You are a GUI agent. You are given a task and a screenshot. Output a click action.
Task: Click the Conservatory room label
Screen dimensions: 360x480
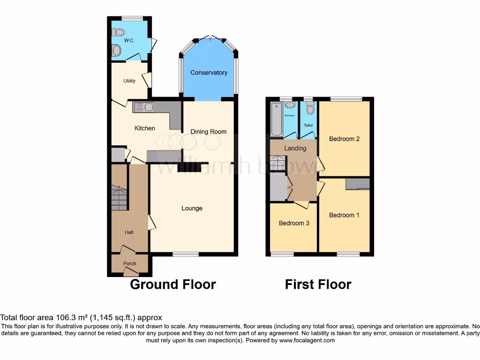pyautogui.click(x=209, y=73)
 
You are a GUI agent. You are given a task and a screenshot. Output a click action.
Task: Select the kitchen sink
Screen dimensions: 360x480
pyautogui.click(x=143, y=107)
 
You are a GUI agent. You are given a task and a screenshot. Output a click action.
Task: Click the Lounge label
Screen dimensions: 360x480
pyautogui.click(x=192, y=208)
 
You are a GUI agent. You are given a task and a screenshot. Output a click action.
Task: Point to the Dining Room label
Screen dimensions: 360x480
pyautogui.click(x=209, y=132)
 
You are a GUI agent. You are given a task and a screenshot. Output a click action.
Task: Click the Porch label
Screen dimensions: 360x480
pyautogui.click(x=130, y=263)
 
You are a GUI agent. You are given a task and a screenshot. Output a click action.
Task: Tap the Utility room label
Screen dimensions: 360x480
pyautogui.click(x=129, y=81)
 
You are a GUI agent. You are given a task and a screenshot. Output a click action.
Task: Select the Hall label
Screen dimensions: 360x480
pyautogui.click(x=129, y=232)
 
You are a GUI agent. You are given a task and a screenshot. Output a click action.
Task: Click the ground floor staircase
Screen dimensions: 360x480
pyautogui.click(x=119, y=197)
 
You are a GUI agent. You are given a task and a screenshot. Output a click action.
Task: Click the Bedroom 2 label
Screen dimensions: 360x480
pyautogui.click(x=344, y=139)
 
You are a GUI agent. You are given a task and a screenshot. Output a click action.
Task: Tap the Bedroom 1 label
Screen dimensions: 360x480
pyautogui.click(x=344, y=215)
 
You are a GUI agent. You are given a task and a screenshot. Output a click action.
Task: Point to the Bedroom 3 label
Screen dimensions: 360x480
pyautogui.click(x=294, y=223)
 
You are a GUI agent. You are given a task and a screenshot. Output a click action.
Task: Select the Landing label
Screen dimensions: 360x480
pyautogui.click(x=295, y=148)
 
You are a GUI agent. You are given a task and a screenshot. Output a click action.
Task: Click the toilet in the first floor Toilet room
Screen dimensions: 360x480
pyautogui.click(x=309, y=109)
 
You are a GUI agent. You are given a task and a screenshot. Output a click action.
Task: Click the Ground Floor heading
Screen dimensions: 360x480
pyautogui.click(x=172, y=285)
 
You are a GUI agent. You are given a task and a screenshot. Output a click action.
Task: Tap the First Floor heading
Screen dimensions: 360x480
pyautogui.click(x=318, y=285)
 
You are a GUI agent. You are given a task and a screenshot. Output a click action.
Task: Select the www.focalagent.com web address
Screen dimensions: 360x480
pyautogui.click(x=307, y=340)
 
